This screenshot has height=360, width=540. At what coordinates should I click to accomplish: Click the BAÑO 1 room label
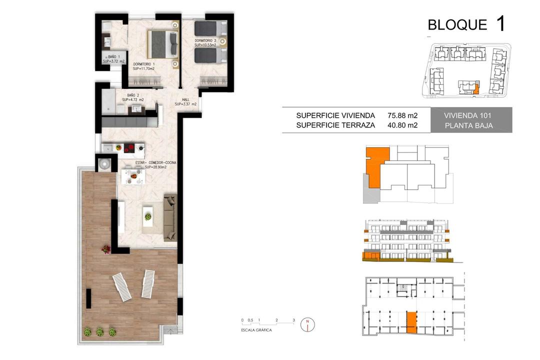coord(114,56)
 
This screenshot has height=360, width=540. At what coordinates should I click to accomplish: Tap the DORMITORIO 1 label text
coord(144,64)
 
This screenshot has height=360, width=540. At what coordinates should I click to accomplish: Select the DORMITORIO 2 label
coord(205,40)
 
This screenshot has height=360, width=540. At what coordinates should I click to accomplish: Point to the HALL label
coord(185,100)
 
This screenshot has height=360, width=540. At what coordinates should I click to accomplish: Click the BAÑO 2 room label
coord(133,95)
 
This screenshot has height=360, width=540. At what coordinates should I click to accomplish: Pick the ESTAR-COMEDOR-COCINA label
coord(155,162)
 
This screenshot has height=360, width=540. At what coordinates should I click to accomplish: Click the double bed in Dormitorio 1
coord(163,44)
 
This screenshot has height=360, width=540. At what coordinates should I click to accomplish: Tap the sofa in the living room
coord(170,217)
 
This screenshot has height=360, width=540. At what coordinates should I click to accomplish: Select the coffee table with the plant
coord(147,216)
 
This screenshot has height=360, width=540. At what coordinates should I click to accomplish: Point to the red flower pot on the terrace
coord(106,249)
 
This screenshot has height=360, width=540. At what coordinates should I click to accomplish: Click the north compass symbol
coord(307,324)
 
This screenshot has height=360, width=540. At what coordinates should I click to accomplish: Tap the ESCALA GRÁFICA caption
coord(256,330)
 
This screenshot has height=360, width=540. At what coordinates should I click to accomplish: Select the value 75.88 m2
coord(402,116)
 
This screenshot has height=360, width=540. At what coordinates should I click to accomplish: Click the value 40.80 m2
coord(402,125)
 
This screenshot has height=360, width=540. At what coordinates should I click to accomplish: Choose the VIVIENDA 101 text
coord(467,116)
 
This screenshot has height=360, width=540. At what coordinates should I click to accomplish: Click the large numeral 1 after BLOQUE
coord(500,23)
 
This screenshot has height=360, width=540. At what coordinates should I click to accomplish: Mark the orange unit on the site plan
coord(476,89)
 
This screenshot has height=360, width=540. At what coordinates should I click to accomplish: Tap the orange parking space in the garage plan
coord(411,322)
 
